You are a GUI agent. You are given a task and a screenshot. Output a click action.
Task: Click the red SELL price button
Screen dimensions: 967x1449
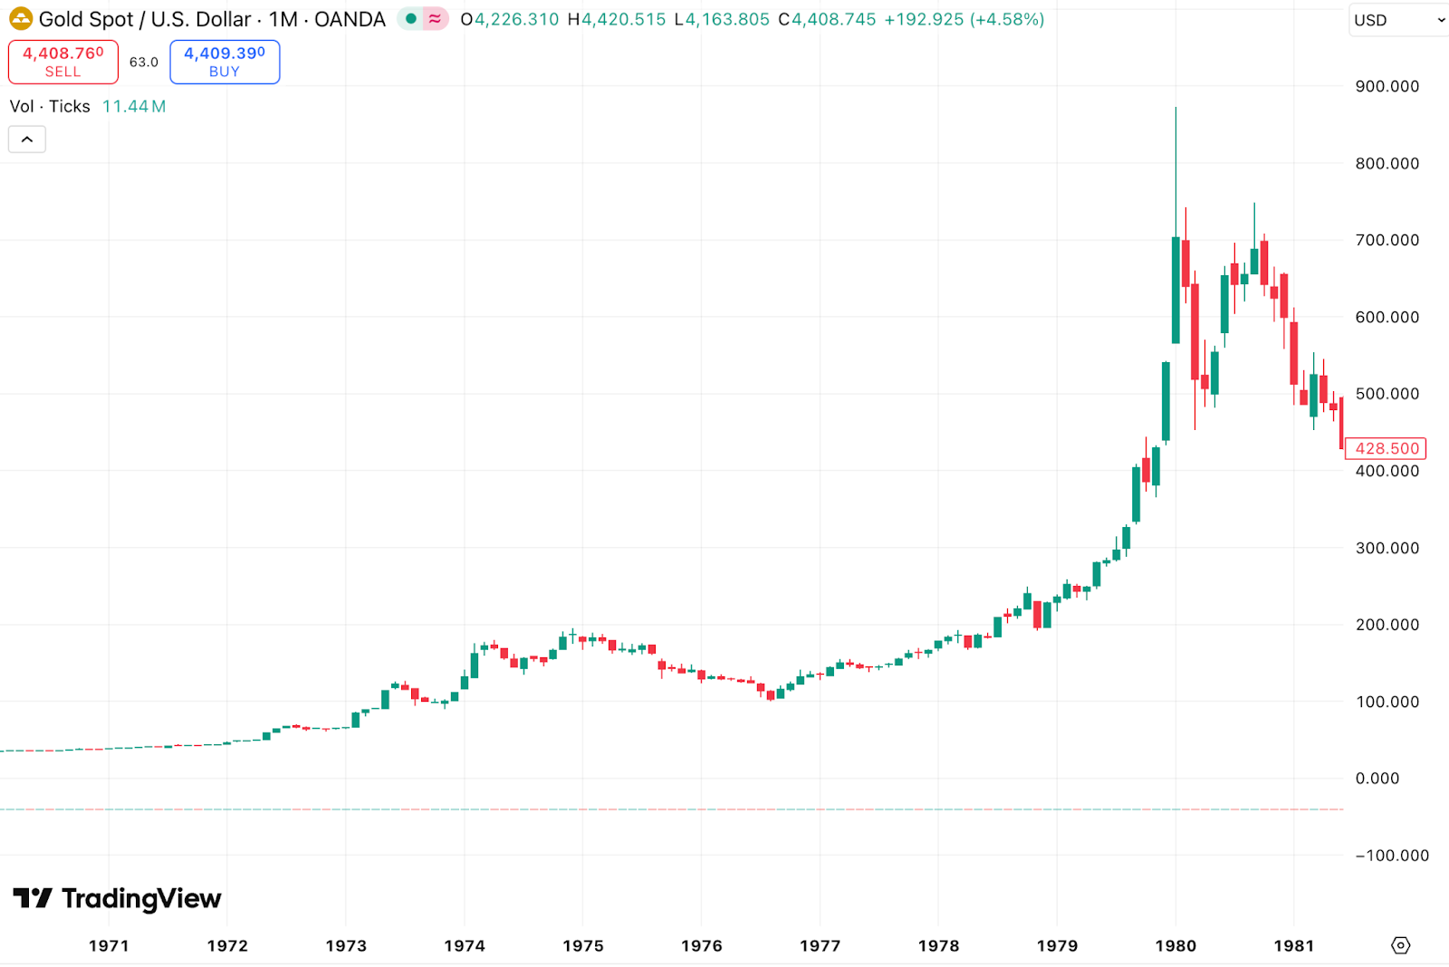(x=63, y=62)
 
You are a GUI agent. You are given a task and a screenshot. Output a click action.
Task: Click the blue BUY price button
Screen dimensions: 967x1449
(x=225, y=62)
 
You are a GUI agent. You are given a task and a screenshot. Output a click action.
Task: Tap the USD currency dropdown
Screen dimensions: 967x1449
(x=1398, y=20)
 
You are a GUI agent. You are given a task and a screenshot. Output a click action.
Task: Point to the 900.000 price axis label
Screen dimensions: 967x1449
(x=1387, y=87)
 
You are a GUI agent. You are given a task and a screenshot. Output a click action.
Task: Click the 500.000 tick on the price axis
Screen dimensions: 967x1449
(x=1387, y=394)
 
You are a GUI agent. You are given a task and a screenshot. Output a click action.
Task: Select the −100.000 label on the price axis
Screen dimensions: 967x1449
(x=1391, y=856)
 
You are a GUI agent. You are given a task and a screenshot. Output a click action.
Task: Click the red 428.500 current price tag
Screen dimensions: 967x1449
(x=1386, y=448)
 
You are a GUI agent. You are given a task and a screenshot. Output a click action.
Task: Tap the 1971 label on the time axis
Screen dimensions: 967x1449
(x=109, y=945)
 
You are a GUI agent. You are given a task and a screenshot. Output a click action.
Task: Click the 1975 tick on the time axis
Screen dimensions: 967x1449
(x=582, y=945)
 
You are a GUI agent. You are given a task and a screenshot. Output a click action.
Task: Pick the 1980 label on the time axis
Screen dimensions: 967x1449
(x=1176, y=945)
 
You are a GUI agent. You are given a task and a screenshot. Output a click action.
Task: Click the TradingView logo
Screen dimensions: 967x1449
(x=118, y=898)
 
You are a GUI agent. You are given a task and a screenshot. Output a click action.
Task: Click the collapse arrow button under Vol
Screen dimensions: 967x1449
(x=27, y=139)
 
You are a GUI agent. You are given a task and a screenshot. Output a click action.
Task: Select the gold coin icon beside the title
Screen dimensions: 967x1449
(x=20, y=19)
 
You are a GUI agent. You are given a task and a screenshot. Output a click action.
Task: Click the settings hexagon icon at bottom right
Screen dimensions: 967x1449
(x=1400, y=945)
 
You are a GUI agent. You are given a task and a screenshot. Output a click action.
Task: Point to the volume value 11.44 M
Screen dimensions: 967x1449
(x=134, y=107)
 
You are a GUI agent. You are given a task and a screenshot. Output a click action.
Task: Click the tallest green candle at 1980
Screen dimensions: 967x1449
(x=1176, y=290)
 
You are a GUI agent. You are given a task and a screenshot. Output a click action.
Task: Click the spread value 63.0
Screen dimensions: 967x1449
(x=143, y=62)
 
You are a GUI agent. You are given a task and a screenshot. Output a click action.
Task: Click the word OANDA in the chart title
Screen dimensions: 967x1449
(x=350, y=19)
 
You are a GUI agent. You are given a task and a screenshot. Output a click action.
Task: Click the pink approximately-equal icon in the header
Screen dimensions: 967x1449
(x=436, y=19)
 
